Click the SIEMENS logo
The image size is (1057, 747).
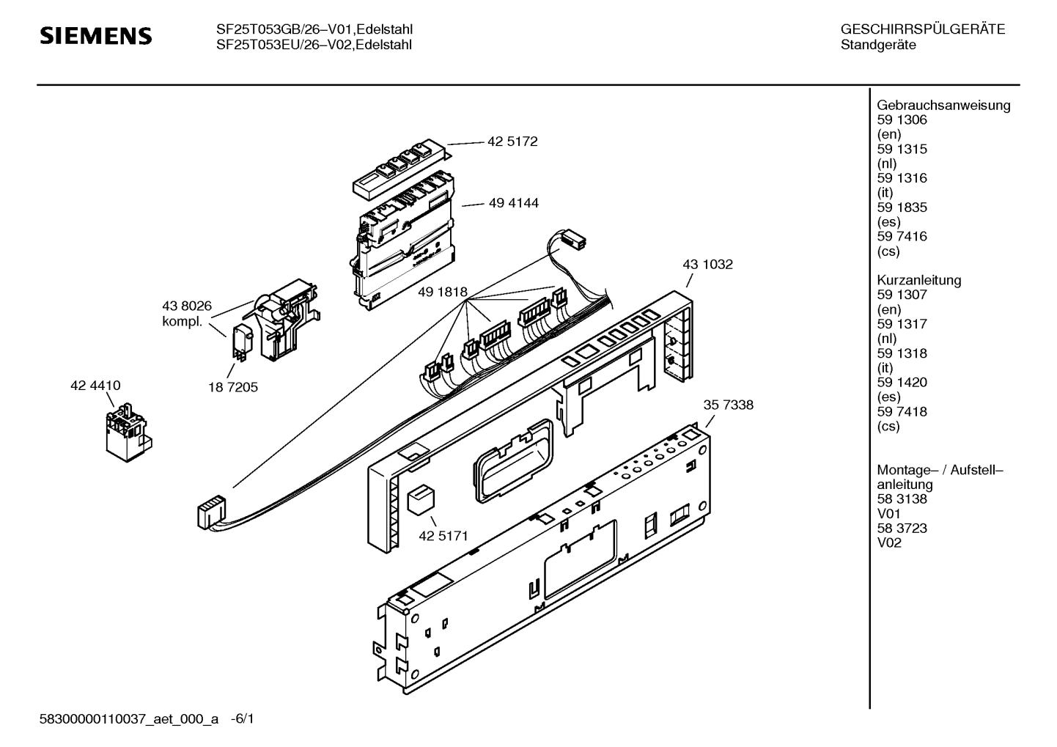pyautogui.click(x=95, y=36)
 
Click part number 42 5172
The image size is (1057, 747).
pyautogui.click(x=512, y=141)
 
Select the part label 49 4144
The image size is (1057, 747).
pyautogui.click(x=513, y=203)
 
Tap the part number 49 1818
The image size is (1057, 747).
pyautogui.click(x=442, y=292)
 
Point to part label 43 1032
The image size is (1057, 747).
pyautogui.click(x=707, y=264)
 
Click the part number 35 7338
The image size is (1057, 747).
pyautogui.click(x=728, y=405)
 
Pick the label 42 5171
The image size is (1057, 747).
pyautogui.click(x=443, y=536)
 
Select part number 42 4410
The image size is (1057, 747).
pyautogui.click(x=95, y=386)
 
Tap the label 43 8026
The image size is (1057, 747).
pyautogui.click(x=186, y=307)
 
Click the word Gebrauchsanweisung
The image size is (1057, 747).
pyautogui.click(x=943, y=105)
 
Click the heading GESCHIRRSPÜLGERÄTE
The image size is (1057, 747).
pyautogui.click(x=922, y=30)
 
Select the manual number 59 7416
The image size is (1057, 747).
pyautogui.click(x=902, y=236)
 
